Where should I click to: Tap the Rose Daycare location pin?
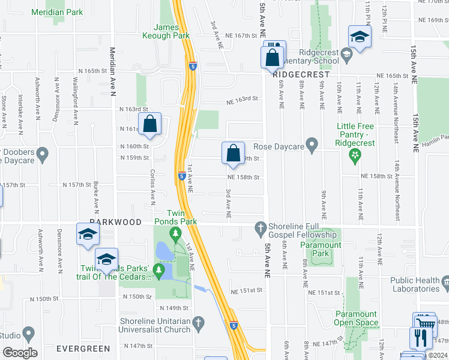[311, 145]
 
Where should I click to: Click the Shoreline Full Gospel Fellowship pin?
[260, 227]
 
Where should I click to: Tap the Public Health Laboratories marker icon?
[445, 281]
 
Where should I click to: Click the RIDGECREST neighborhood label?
[294, 76]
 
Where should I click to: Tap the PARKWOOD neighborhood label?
[116, 222]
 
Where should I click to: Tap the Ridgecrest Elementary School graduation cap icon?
[346, 56]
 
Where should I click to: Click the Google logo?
[20, 353]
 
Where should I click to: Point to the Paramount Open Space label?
[356, 318]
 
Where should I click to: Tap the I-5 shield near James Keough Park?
[191, 67]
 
